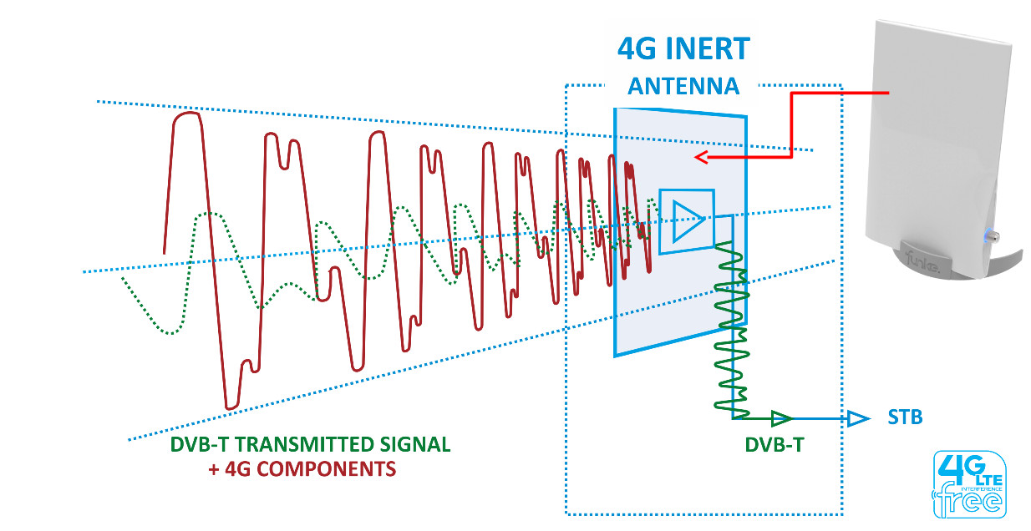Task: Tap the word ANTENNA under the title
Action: pos(683,86)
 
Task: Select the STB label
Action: pos(905,417)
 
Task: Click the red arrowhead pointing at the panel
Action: pos(703,157)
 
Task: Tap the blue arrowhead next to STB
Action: pos(858,418)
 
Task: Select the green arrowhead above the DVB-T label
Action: pos(782,417)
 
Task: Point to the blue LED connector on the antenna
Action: pos(989,235)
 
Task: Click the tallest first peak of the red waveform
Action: pos(187,115)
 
